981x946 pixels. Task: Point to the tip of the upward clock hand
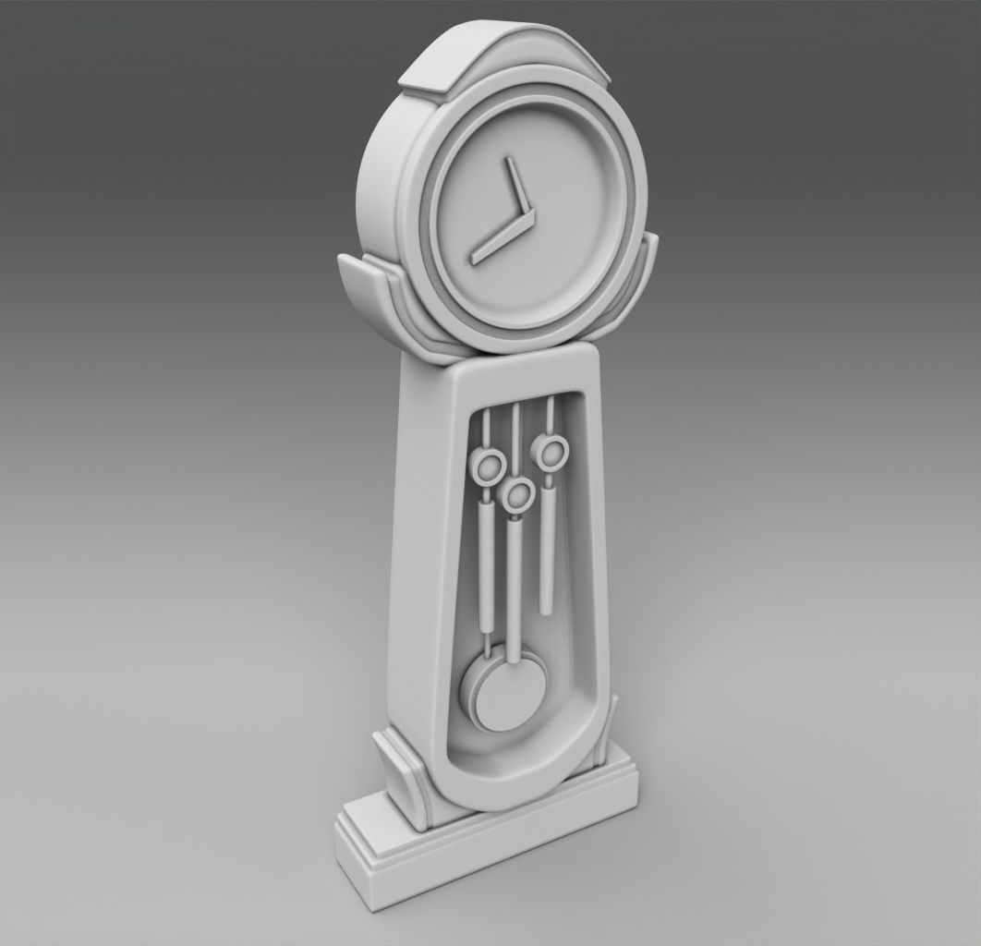tap(506, 160)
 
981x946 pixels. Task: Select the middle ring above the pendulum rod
tap(517, 494)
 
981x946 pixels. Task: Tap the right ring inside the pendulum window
tap(552, 452)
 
